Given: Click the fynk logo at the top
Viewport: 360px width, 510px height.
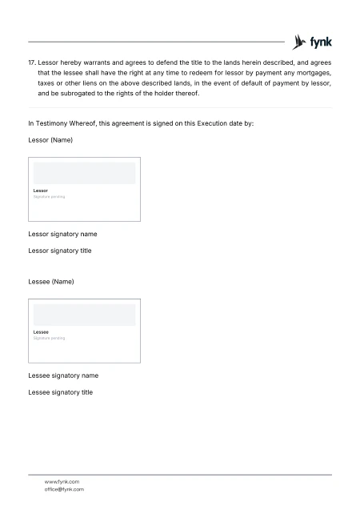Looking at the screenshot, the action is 313,42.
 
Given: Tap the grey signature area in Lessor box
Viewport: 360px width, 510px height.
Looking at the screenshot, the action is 84,173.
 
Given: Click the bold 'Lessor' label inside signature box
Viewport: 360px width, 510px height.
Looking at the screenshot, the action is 41,191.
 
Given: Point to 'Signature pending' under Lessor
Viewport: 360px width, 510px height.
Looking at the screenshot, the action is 49,196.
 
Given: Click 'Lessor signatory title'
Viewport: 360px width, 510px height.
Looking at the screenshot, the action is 60,251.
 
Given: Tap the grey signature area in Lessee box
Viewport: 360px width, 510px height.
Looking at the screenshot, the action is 84,315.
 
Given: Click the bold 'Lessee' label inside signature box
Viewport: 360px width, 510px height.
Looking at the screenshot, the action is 41,332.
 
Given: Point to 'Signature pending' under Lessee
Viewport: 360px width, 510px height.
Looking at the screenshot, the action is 49,338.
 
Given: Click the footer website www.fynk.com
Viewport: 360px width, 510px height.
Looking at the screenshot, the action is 62,481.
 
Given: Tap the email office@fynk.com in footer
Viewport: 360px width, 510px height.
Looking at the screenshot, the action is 64,488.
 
